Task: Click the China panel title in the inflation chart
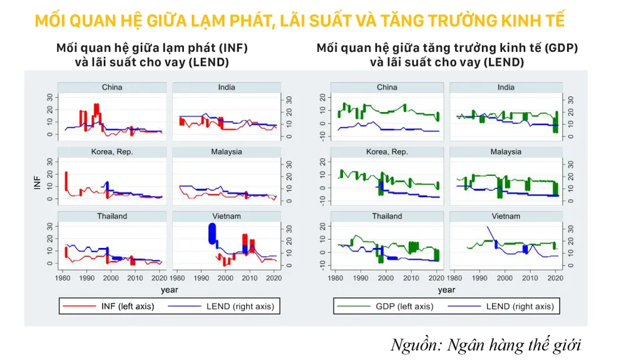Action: click(x=112, y=87)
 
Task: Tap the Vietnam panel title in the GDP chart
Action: click(x=506, y=216)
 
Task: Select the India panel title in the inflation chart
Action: click(x=227, y=87)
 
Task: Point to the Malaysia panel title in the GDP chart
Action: click(x=506, y=152)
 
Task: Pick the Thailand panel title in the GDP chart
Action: click(x=387, y=216)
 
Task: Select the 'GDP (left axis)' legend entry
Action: click(x=404, y=306)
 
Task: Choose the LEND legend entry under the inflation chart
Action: click(x=240, y=306)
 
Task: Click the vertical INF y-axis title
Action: click(x=37, y=184)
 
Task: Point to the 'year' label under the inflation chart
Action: click(x=169, y=290)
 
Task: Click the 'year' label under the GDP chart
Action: click(x=446, y=290)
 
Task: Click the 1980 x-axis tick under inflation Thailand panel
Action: click(x=63, y=277)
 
